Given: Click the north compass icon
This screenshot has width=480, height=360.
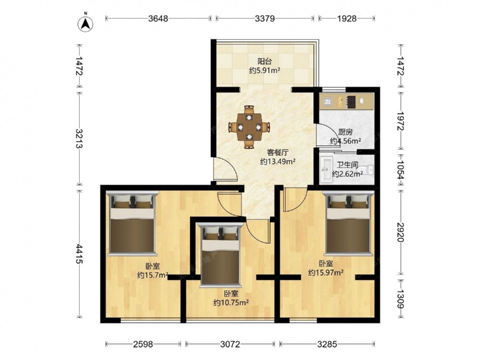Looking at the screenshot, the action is click(x=86, y=23).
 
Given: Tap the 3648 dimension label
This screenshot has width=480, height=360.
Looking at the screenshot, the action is click(x=158, y=19).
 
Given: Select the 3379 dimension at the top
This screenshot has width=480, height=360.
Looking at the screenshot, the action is click(x=265, y=19).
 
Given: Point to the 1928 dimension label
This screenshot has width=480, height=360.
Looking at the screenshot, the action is click(x=347, y=19).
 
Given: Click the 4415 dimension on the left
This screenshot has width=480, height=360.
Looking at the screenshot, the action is click(x=79, y=254).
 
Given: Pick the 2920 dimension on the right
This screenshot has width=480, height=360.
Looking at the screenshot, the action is click(x=401, y=232).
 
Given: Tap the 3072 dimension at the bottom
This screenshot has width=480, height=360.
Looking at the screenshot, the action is click(x=230, y=344).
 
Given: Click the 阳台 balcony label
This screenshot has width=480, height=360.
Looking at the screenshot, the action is click(x=265, y=61).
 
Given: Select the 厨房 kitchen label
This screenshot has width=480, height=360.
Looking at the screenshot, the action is click(x=345, y=132).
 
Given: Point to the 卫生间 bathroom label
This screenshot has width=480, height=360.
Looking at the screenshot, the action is click(x=348, y=165).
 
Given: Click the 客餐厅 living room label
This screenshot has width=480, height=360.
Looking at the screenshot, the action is click(x=278, y=152).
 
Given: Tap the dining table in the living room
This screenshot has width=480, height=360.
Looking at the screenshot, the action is click(x=250, y=127).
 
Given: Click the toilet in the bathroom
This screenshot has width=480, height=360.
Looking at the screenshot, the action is click(x=366, y=169).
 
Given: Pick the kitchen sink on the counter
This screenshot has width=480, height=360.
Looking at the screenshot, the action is click(x=326, y=102).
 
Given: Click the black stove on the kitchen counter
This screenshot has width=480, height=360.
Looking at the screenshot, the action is click(x=351, y=102).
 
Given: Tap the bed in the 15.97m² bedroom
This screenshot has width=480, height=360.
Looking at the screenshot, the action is click(x=348, y=223).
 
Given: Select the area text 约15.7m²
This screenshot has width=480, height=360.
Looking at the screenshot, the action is click(x=153, y=275).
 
